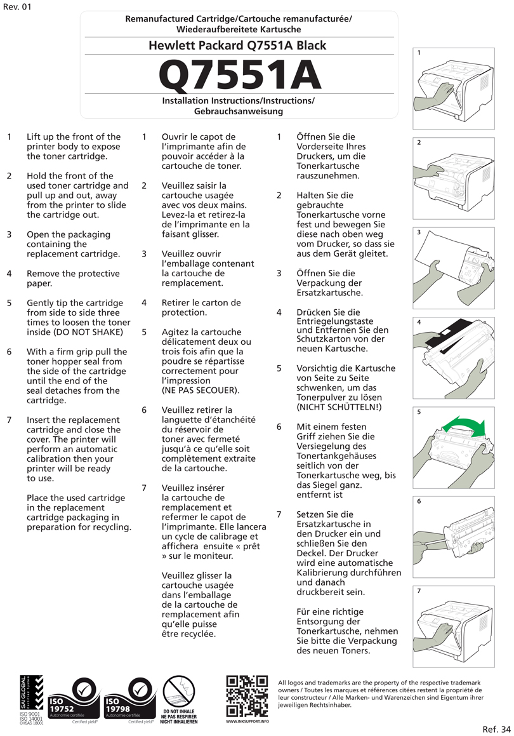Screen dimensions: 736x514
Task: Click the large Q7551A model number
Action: [239, 76]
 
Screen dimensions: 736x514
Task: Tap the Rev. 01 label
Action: [16, 7]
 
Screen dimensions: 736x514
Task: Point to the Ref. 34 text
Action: [496, 728]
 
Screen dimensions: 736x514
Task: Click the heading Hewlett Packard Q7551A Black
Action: [237, 46]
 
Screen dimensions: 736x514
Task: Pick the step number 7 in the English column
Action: [10, 420]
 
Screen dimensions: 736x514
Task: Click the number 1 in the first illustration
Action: [419, 53]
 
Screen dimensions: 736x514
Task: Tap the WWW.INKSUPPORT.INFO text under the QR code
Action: [247, 721]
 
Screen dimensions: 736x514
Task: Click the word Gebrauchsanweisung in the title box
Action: [238, 111]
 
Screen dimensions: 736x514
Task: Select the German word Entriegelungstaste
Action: [334, 322]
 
